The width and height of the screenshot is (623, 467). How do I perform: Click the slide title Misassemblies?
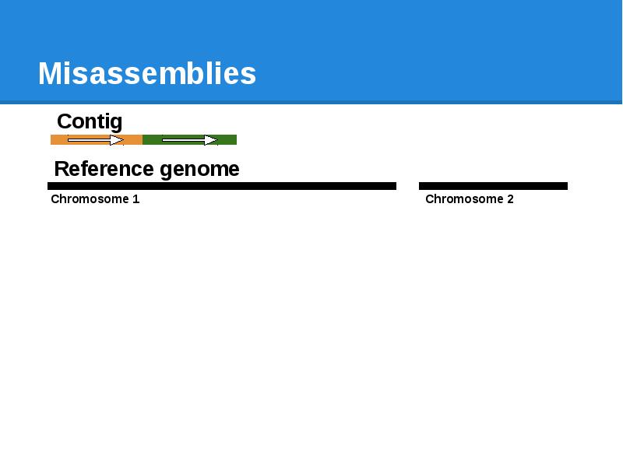click(146, 74)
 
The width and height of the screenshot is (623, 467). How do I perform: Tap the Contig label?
click(90, 121)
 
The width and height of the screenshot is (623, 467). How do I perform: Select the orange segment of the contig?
click(58, 140)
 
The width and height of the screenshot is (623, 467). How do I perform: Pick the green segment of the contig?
click(227, 140)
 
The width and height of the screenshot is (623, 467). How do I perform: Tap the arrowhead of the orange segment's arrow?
click(117, 140)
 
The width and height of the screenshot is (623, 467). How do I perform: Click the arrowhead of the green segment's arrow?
click(211, 140)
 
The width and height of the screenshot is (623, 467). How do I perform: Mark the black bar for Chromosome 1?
click(222, 186)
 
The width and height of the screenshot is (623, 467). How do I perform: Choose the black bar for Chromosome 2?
click(493, 186)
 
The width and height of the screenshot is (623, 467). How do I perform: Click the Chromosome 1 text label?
click(95, 199)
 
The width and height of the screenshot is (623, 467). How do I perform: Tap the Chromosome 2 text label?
click(470, 199)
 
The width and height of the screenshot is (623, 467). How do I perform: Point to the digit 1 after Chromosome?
click(136, 199)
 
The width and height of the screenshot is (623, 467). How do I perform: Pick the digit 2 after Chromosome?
click(510, 199)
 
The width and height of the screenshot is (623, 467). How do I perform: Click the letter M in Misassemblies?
click(50, 74)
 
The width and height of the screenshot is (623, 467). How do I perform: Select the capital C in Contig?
click(65, 121)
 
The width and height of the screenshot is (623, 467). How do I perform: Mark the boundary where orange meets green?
click(143, 140)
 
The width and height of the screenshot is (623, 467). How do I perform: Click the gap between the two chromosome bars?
click(407, 186)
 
